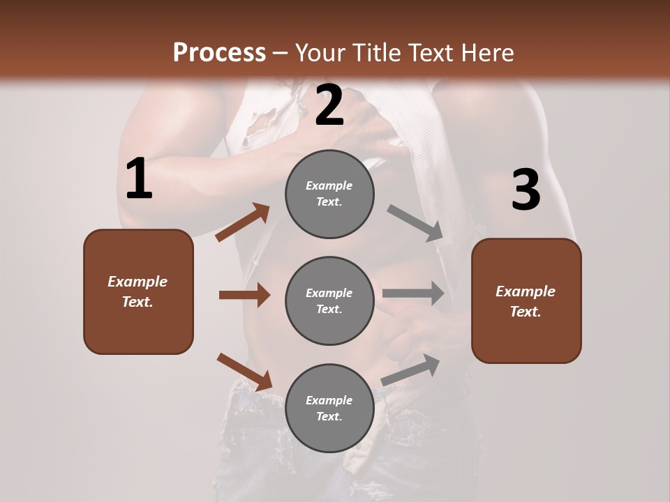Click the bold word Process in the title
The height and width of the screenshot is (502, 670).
pos(219,53)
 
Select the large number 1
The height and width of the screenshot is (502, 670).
pos(138,179)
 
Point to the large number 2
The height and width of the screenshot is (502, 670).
pos(329,106)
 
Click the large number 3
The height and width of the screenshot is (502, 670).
pos(526,190)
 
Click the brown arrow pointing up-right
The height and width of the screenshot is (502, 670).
pos(243,222)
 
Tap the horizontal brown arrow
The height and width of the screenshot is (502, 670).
pos(244,295)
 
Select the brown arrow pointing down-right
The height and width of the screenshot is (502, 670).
pos(245,372)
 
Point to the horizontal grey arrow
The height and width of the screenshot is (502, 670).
pos(413,294)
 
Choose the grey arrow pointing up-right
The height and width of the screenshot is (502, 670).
pos(411,370)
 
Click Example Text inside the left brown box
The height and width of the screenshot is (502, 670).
pos(137,291)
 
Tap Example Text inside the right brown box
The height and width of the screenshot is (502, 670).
pos(526,301)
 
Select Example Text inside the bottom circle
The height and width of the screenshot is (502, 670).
pos(329,409)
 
